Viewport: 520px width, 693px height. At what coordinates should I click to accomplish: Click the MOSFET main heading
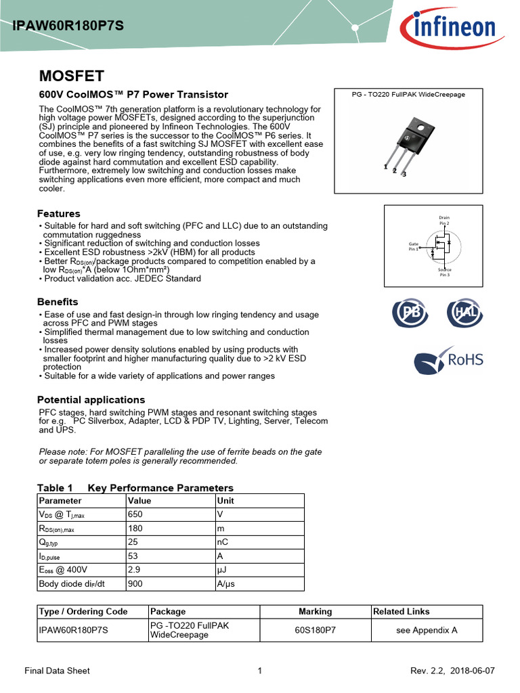(71, 75)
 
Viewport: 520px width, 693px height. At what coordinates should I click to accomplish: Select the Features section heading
(59, 214)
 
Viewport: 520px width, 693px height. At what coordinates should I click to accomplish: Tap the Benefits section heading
(58, 302)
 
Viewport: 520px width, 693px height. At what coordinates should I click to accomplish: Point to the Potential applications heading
(91, 400)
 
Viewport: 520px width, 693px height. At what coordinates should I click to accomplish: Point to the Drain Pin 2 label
(444, 220)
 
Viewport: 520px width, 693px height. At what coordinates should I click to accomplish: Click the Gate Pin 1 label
(414, 246)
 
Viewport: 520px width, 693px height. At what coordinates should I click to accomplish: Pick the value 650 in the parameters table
(135, 515)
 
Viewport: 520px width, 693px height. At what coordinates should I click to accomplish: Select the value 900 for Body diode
(135, 583)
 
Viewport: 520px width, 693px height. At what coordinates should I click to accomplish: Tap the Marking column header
(316, 611)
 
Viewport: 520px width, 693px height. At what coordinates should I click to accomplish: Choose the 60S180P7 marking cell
(316, 630)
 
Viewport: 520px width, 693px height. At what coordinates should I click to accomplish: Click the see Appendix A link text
(427, 630)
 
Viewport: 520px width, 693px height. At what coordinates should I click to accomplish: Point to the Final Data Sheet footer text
(57, 671)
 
